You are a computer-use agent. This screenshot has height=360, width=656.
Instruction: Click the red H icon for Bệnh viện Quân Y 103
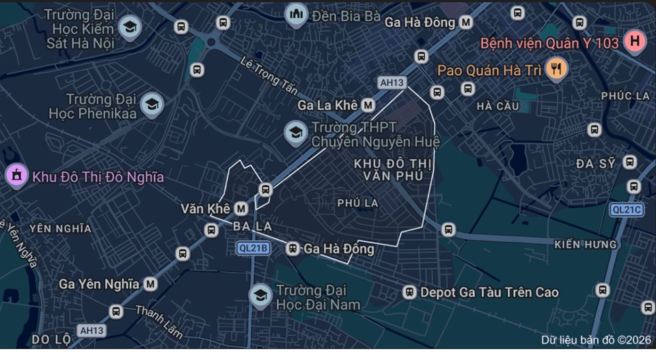point(635,42)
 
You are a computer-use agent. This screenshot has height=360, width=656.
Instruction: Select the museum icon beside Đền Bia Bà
point(296,13)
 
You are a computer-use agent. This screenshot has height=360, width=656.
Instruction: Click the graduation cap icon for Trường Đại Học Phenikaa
point(152,105)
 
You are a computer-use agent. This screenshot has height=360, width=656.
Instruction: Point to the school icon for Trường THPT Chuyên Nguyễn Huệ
point(296,133)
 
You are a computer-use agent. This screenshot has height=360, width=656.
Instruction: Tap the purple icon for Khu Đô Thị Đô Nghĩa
point(16,176)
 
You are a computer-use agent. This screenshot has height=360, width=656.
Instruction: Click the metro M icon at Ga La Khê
point(368,105)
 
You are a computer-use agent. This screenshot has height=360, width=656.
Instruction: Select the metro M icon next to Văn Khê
point(241,208)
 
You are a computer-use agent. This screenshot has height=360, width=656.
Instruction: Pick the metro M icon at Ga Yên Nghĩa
point(150,283)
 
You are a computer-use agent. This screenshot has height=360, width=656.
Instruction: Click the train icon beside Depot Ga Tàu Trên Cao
point(409,292)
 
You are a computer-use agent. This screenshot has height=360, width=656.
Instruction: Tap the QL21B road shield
point(254,249)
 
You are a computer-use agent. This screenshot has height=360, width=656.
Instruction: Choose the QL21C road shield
point(627,210)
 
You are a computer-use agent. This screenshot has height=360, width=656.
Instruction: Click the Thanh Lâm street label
point(159,322)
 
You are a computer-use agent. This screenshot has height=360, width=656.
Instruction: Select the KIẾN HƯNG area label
point(586,244)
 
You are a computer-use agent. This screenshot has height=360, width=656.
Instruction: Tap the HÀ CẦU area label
point(498,106)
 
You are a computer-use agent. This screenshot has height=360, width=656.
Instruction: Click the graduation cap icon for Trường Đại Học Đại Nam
point(260,296)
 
